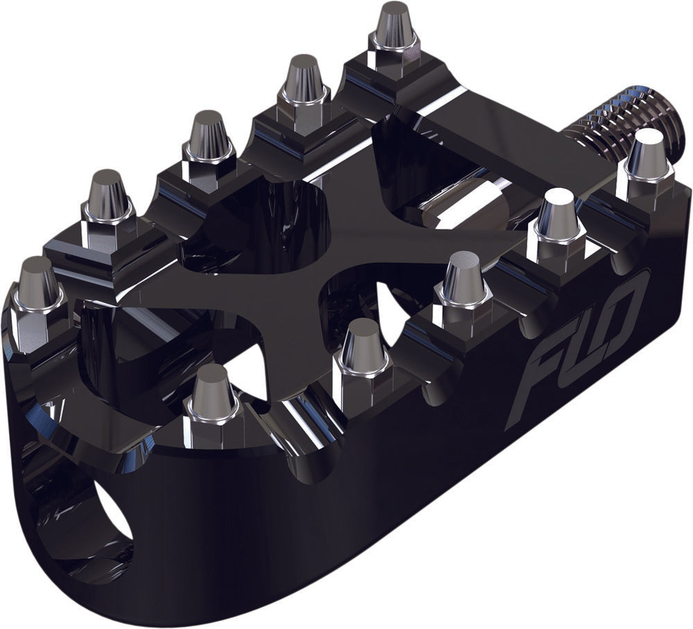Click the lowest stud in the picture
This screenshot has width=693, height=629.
point(211,395)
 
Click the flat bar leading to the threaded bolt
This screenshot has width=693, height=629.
point(499,139)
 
